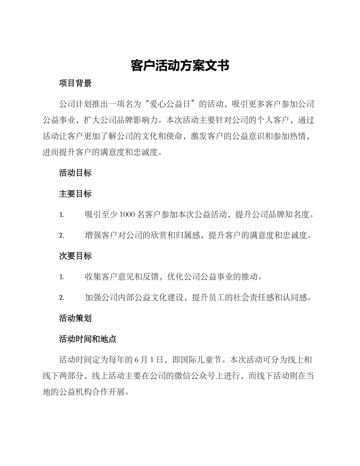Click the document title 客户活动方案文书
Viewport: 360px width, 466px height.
[180, 66]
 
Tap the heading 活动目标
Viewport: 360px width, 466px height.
[75, 173]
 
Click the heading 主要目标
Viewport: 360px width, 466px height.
[75, 194]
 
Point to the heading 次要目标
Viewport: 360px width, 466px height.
[75, 256]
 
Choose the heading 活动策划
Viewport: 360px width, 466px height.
[75, 318]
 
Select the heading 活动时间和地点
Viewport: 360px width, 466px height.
[88, 339]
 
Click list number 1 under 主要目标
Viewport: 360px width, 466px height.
[61, 215]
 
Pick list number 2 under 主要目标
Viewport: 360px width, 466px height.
[61, 236]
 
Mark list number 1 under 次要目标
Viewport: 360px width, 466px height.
[61, 277]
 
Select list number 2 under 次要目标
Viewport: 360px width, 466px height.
[61, 298]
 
